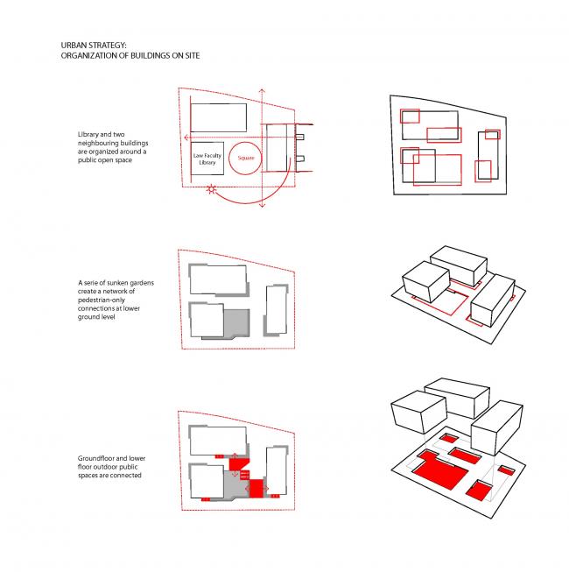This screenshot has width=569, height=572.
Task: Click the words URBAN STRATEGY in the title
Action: point(87,46)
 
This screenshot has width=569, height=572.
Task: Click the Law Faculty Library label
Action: point(208,159)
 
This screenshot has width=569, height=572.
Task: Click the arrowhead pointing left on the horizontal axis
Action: point(186,138)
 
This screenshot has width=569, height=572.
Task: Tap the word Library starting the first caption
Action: point(90,134)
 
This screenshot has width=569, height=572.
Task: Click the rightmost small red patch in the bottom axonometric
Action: point(507,471)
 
